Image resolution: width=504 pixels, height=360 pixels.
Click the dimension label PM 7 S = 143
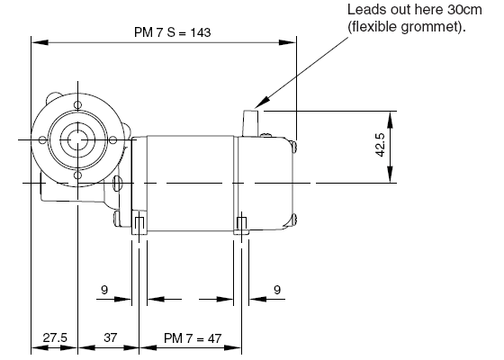[172, 32]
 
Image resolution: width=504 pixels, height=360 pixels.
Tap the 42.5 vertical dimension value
[380, 145]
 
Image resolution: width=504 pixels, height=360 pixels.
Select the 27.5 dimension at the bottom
[55, 337]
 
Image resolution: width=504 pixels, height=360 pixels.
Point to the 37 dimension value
[110, 337]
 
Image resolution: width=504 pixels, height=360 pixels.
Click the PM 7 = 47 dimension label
[193, 338]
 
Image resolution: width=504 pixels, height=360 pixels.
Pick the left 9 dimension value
[104, 290]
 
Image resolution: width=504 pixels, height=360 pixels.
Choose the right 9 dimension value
[277, 290]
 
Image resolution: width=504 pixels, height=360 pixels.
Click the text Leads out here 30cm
[415, 10]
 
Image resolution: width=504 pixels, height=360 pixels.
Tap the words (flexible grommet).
[407, 27]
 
